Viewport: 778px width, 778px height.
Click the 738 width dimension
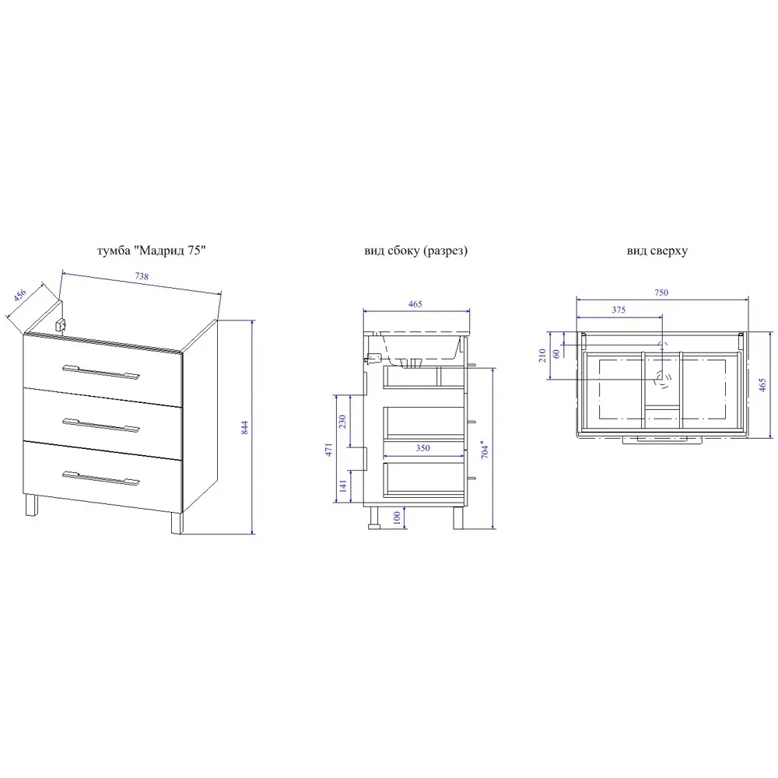pyautogui.click(x=142, y=276)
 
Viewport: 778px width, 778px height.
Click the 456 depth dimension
pyautogui.click(x=20, y=295)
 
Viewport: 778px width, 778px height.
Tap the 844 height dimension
pyautogui.click(x=244, y=428)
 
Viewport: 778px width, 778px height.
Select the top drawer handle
pyautogui.click(x=101, y=372)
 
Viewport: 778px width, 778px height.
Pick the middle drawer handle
pyautogui.click(x=101, y=426)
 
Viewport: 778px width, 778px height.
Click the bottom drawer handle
pyautogui.click(x=101, y=478)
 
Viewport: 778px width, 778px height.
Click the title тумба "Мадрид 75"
pyautogui.click(x=152, y=251)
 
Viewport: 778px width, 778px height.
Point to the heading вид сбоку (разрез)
pyautogui.click(x=415, y=251)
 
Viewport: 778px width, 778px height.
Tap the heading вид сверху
pyautogui.click(x=657, y=251)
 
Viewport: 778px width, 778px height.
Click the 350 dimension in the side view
pyautogui.click(x=422, y=448)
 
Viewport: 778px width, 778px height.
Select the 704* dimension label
pyautogui.click(x=485, y=449)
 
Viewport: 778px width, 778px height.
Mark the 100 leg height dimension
pyautogui.click(x=397, y=517)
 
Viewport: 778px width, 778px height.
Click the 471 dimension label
pyautogui.click(x=328, y=450)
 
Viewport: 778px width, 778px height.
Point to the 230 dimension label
pyautogui.click(x=342, y=422)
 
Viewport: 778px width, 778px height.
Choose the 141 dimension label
pyautogui.click(x=343, y=485)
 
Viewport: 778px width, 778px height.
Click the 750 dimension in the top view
pyautogui.click(x=661, y=293)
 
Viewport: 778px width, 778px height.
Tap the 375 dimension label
pyautogui.click(x=619, y=310)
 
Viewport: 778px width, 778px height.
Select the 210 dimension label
pyautogui.click(x=542, y=356)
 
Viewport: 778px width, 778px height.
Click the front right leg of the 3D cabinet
pyautogui.click(x=177, y=523)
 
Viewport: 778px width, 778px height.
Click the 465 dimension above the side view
pyautogui.click(x=415, y=304)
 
